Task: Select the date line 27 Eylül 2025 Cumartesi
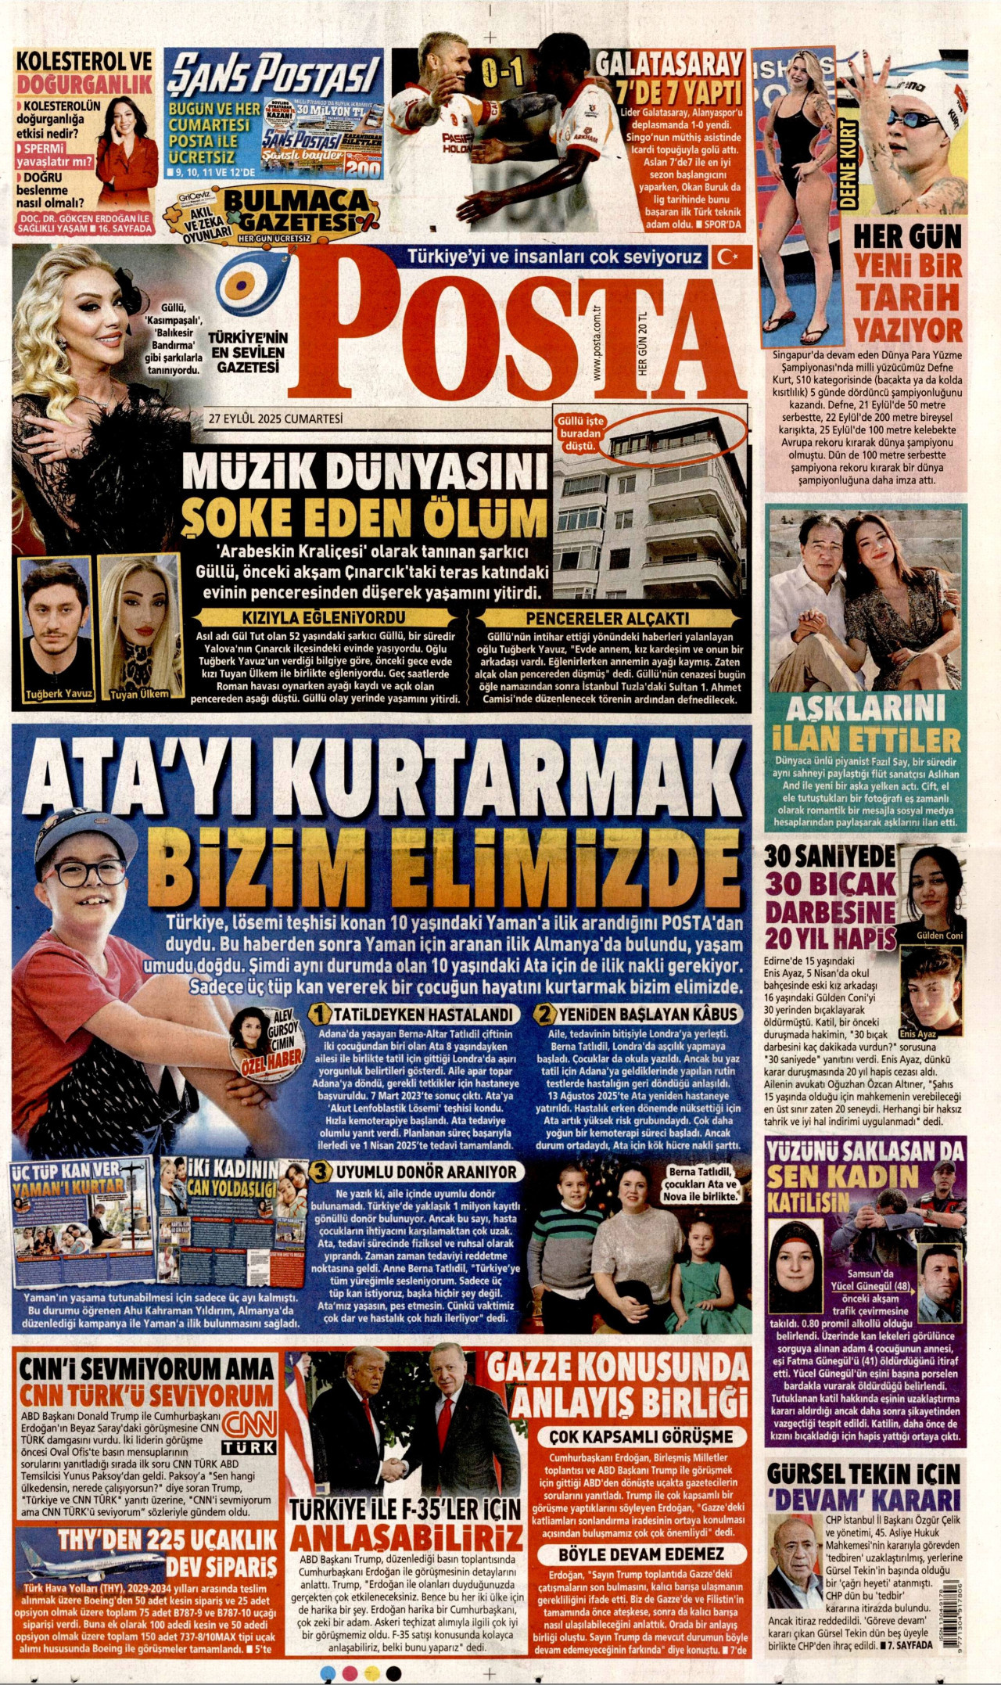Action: click(x=275, y=419)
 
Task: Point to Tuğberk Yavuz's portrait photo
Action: click(x=56, y=628)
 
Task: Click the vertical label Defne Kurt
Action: click(x=849, y=163)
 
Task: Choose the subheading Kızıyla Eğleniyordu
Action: click(x=323, y=617)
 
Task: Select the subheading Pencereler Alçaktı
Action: click(x=608, y=617)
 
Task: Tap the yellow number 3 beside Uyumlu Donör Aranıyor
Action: click(x=320, y=1172)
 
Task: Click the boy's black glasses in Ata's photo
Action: click(x=88, y=872)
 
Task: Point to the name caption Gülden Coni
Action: click(x=939, y=936)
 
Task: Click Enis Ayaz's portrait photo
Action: click(x=931, y=991)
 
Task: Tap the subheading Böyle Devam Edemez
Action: click(x=641, y=1554)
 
